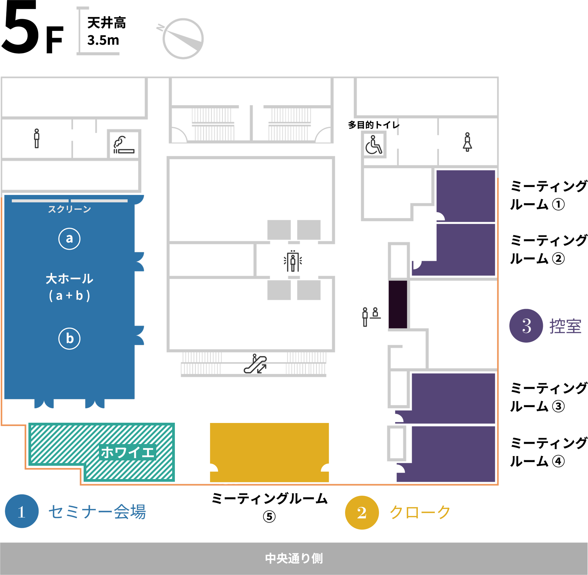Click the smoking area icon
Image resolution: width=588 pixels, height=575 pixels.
pyautogui.click(x=124, y=145)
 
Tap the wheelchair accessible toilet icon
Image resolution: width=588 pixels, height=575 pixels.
pyautogui.click(x=374, y=145)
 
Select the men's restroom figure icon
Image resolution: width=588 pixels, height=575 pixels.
pyautogui.click(x=37, y=138)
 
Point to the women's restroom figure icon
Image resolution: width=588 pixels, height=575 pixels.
pyautogui.click(x=467, y=142)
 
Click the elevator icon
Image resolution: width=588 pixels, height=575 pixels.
pyautogui.click(x=293, y=261)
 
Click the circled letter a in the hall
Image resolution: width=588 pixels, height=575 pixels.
pyautogui.click(x=69, y=239)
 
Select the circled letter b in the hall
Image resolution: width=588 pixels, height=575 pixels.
pyautogui.click(x=69, y=338)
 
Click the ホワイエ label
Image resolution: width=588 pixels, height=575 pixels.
pyautogui.click(x=128, y=452)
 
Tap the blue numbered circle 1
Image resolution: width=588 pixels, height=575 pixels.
pyautogui.click(x=22, y=511)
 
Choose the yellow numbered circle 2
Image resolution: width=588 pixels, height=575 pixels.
pyautogui.click(x=362, y=512)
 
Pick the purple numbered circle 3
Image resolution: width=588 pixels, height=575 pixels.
pyautogui.click(x=526, y=326)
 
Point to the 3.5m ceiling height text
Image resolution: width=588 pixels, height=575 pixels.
pyautogui.click(x=103, y=40)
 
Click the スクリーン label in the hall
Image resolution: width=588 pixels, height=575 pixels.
pyautogui.click(x=69, y=209)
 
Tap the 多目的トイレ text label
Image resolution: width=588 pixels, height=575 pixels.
pyautogui.click(x=374, y=125)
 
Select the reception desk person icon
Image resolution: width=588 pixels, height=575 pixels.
pyautogui.click(x=371, y=317)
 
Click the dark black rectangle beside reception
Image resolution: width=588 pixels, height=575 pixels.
pyautogui.click(x=398, y=304)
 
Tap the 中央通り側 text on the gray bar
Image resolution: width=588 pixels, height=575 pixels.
pyautogui.click(x=294, y=558)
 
